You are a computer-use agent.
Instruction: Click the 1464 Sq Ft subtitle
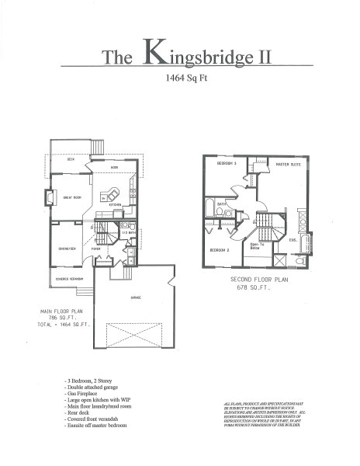click(x=179, y=78)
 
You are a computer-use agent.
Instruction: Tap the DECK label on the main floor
click(x=70, y=159)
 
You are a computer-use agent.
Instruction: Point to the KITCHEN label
click(x=116, y=206)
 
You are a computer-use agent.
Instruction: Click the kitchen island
click(x=114, y=193)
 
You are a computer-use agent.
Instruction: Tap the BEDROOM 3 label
click(x=226, y=164)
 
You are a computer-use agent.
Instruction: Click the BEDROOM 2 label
click(x=219, y=250)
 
